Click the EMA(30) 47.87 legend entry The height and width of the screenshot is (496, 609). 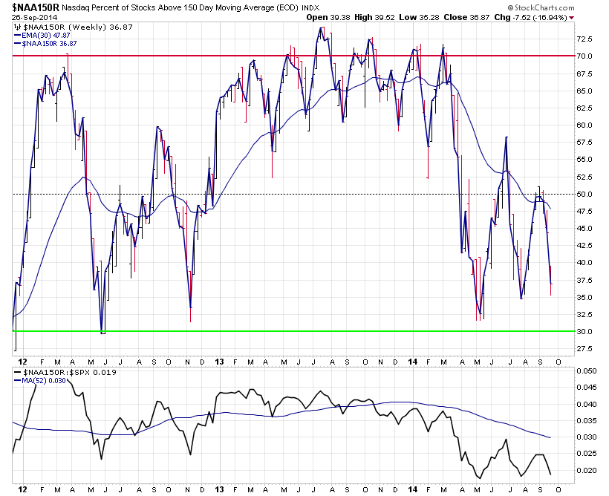point(45,36)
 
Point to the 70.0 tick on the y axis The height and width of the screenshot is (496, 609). point(584,56)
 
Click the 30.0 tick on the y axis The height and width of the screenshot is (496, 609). point(584,331)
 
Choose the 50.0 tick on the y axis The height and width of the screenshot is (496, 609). point(584,194)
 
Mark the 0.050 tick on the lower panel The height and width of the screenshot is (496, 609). point(586,371)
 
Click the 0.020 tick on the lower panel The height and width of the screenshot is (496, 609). point(586,470)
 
